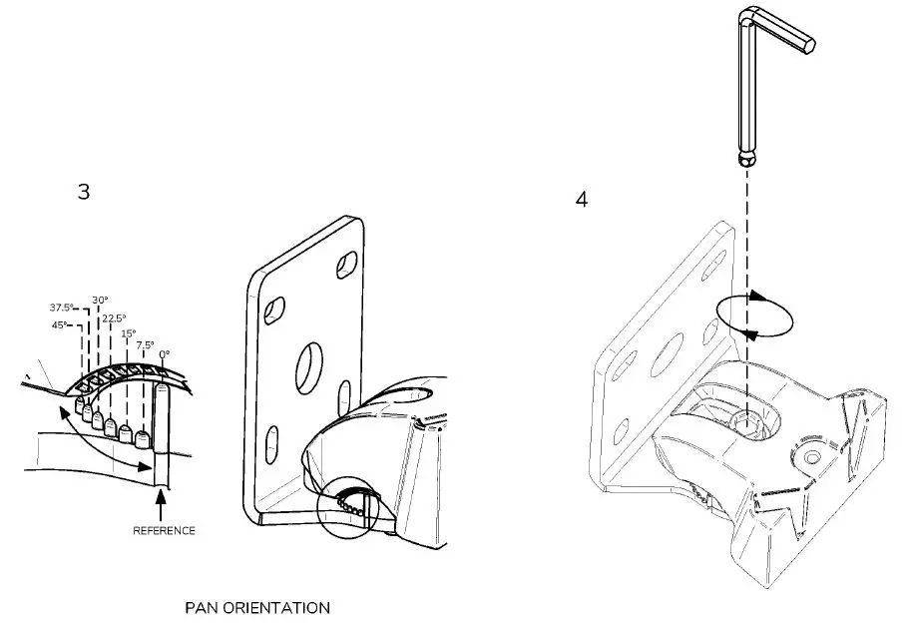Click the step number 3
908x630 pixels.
pos(84,192)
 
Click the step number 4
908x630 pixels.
pos(582,199)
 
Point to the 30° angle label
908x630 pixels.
pos(100,299)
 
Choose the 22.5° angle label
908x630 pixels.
pos(114,318)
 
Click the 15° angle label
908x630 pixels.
pos(129,333)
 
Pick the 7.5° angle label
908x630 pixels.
pos(144,344)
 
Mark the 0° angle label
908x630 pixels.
pos(164,353)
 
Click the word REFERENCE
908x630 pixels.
pos(164,531)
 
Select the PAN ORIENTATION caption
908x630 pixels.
pos(257,607)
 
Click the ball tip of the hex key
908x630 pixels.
pos(744,161)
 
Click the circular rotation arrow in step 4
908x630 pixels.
pos(753,317)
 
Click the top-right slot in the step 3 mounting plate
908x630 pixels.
pos(345,264)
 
